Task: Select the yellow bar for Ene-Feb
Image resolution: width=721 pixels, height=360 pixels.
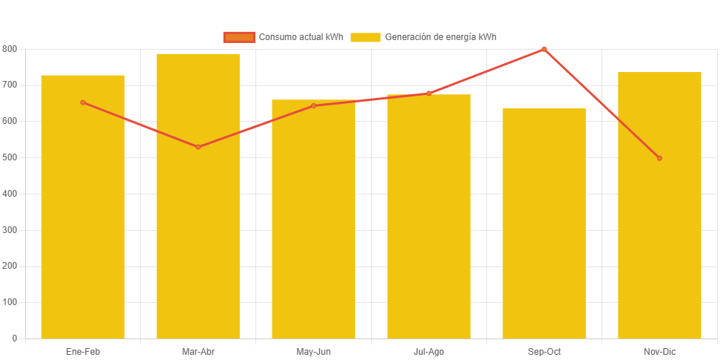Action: click(x=82, y=223)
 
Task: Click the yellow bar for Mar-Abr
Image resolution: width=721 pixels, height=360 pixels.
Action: click(x=198, y=223)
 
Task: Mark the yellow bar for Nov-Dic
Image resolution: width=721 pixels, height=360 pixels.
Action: click(x=659, y=223)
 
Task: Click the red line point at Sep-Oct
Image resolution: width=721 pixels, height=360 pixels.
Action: click(x=544, y=49)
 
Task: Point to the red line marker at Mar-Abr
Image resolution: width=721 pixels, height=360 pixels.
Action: click(x=198, y=147)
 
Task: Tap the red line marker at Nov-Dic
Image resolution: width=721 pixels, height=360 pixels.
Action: click(x=659, y=158)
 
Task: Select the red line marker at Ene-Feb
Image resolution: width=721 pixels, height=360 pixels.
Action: click(x=82, y=102)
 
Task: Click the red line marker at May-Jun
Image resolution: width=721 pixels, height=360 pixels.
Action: click(x=313, y=105)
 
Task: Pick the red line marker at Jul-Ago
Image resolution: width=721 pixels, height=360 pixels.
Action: click(x=428, y=94)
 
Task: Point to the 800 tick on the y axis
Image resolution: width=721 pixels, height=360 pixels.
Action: click(x=10, y=49)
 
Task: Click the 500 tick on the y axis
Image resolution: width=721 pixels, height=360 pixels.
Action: click(x=10, y=157)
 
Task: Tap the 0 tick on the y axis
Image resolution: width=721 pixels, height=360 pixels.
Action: click(x=15, y=338)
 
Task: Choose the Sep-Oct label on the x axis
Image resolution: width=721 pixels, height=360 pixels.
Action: click(x=544, y=351)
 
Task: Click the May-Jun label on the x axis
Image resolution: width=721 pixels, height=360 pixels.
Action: click(x=313, y=351)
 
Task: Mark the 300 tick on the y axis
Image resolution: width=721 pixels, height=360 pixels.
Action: click(x=10, y=230)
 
